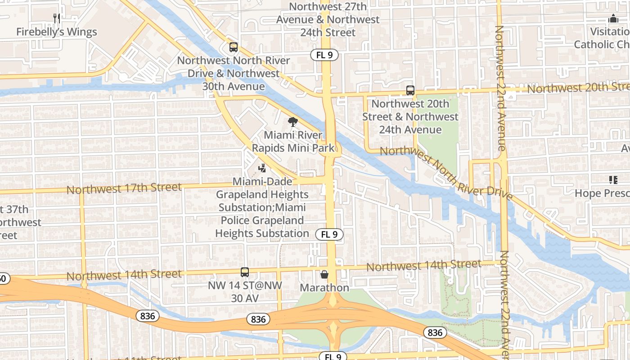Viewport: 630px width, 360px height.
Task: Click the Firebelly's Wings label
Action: tap(56, 32)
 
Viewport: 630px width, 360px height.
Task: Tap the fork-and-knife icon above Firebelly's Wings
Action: tap(57, 18)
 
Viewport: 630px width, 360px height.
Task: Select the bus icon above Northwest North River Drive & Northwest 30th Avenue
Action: tap(233, 47)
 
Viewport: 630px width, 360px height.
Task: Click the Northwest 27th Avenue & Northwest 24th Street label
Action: tap(328, 20)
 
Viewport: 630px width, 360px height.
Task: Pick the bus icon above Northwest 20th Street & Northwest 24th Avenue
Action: tap(410, 90)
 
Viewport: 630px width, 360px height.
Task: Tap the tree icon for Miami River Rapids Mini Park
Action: tap(293, 121)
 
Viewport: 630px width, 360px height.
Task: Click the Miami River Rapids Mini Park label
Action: tap(293, 141)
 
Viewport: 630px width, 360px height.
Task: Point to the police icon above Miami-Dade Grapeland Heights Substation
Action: tap(262, 168)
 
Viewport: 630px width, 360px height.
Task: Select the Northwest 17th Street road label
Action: tap(124, 188)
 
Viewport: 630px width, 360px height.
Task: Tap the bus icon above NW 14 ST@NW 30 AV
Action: tap(244, 272)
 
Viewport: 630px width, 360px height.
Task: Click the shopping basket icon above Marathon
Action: tap(324, 274)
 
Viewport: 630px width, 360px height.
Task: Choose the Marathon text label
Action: tap(324, 288)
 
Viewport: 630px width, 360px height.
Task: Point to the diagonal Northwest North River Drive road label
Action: tap(446, 173)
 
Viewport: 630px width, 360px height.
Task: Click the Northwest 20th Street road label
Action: tap(578, 88)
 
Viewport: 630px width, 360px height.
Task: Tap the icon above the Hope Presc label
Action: tap(613, 180)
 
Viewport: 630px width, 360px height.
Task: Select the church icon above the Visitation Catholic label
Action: tap(613, 19)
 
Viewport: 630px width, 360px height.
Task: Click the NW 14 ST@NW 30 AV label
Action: tap(244, 292)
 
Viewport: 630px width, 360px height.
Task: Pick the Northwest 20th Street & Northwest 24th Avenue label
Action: tap(410, 117)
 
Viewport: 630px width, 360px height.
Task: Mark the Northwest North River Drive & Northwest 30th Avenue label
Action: tap(233, 73)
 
